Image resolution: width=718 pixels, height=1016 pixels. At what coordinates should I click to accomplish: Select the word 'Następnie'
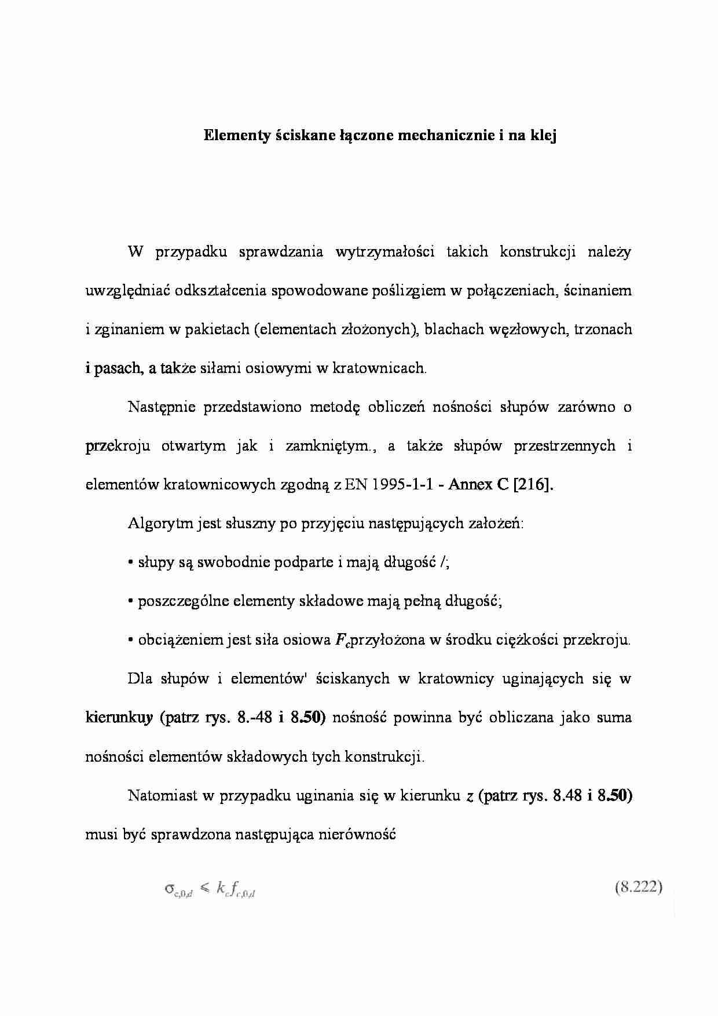click(160, 407)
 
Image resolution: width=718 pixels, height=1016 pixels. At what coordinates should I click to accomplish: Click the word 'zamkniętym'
click(327, 446)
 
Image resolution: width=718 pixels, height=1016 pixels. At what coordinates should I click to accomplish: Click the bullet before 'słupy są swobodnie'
click(131, 563)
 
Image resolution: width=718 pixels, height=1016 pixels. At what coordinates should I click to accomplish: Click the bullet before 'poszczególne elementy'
click(131, 602)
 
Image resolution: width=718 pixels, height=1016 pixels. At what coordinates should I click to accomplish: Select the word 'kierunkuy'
click(119, 718)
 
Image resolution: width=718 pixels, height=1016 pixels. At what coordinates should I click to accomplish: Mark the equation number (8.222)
click(638, 888)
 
